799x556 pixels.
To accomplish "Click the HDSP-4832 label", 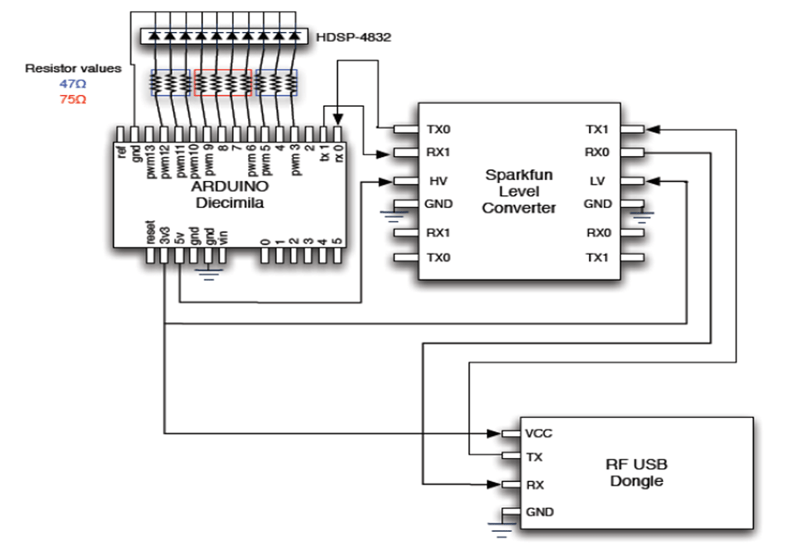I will [x=353, y=37].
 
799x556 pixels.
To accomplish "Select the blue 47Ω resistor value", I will [x=73, y=83].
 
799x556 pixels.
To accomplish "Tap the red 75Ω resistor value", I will [x=73, y=99].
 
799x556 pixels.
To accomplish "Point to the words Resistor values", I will [x=73, y=69].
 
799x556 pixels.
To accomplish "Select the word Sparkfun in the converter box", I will [x=518, y=175].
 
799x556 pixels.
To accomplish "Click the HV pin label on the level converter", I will [x=437, y=181].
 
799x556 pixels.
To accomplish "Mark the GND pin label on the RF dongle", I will [x=541, y=512].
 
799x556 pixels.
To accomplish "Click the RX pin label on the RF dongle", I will [x=534, y=484].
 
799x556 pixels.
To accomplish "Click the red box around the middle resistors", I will [x=222, y=82].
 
